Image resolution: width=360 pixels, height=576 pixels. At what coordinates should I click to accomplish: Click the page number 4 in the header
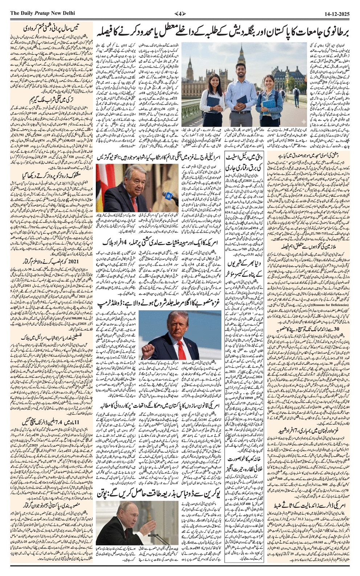coord(180,14)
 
